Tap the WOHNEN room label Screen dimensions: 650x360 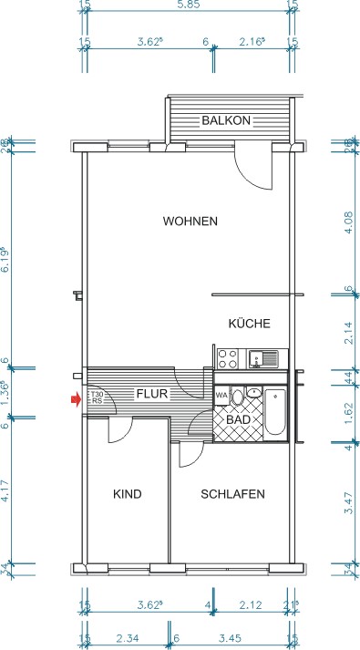point(190,222)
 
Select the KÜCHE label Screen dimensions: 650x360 point(249,324)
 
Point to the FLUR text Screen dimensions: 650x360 point(150,395)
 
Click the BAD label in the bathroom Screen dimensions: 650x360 point(238,419)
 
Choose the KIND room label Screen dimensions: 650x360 point(127,494)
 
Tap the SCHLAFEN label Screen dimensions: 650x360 point(232,494)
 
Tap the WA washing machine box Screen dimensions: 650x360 point(221,395)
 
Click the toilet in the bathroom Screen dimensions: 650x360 point(240,397)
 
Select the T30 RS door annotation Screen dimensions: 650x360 point(95,397)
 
